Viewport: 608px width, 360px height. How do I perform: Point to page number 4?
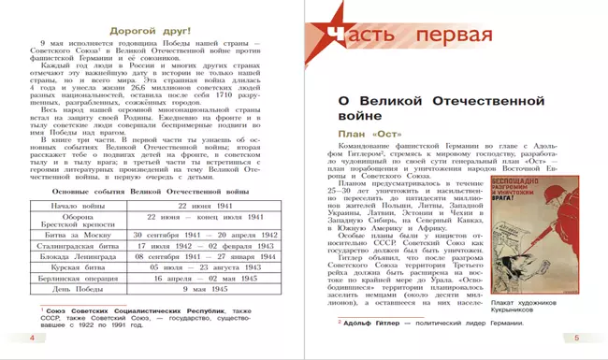click(32, 338)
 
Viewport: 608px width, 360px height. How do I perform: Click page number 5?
click(576, 338)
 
